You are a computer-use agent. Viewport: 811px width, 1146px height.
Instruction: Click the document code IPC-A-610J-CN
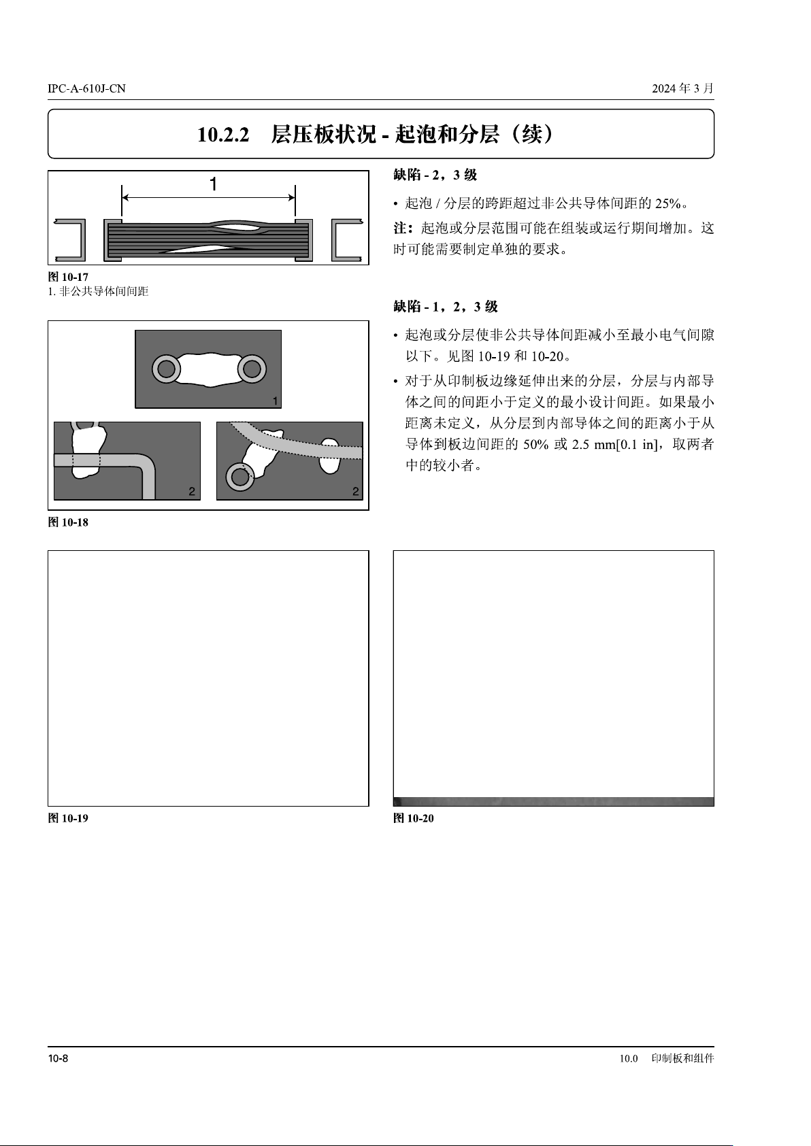point(86,88)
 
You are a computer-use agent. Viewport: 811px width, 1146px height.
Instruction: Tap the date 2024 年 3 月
point(682,88)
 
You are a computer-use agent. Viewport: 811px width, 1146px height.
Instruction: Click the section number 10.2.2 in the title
point(223,135)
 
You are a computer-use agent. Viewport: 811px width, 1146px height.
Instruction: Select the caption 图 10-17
point(68,277)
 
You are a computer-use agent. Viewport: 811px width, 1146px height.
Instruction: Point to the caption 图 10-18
point(68,522)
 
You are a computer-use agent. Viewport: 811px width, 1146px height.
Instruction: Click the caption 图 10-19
point(68,818)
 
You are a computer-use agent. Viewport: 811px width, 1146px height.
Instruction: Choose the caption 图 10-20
point(414,818)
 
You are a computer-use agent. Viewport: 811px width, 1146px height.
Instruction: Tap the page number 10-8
point(58,1058)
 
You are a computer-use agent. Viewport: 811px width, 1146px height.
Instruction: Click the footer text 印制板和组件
point(682,1058)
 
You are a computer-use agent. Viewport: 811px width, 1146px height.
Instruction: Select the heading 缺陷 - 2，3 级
point(435,175)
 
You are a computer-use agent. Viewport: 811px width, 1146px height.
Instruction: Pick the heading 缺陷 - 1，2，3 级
point(445,307)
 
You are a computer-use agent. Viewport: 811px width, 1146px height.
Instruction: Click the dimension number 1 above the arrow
point(214,184)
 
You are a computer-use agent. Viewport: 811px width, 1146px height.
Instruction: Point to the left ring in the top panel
point(166,369)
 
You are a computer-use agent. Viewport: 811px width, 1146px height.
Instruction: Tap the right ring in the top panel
point(252,369)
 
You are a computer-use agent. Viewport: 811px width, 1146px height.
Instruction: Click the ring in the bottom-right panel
point(239,477)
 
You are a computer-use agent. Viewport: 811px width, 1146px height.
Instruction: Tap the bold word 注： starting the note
point(403,227)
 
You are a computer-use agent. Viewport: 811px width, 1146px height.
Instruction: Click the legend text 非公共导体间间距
point(104,292)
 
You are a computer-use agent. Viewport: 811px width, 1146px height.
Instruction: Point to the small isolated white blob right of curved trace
point(329,455)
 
